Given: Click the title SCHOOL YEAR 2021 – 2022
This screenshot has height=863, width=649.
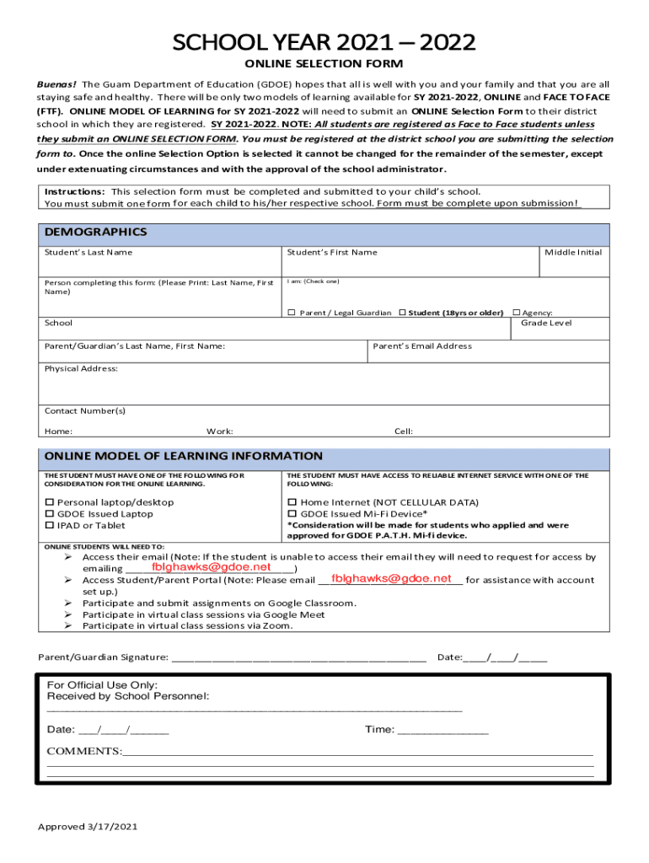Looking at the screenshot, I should pyautogui.click(x=324, y=42).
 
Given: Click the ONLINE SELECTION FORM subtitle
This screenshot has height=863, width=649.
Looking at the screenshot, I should pyautogui.click(x=324, y=64).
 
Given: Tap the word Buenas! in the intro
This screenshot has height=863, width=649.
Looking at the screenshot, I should pyautogui.click(x=56, y=85).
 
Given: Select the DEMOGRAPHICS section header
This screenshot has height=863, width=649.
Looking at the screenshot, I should pyautogui.click(x=95, y=232).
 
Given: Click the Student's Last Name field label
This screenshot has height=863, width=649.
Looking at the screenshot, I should pyautogui.click(x=88, y=253).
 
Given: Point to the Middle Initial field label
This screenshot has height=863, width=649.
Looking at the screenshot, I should pyautogui.click(x=573, y=253).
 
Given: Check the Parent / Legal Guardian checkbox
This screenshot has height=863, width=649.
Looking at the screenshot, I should pyautogui.click(x=292, y=313).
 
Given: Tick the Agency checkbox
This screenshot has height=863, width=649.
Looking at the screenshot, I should pyautogui.click(x=516, y=313).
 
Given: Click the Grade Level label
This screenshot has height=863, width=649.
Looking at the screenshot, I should pyautogui.click(x=546, y=323).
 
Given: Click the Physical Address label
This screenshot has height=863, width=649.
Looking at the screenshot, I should pyautogui.click(x=81, y=368).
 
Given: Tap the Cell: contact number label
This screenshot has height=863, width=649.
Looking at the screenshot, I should pyautogui.click(x=404, y=431).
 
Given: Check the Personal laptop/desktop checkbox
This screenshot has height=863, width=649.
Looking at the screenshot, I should pyautogui.click(x=48, y=502).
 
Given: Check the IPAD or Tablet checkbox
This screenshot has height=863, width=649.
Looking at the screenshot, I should pyautogui.click(x=48, y=526).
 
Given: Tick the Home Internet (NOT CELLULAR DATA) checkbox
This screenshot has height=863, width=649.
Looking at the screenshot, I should pyautogui.click(x=292, y=502).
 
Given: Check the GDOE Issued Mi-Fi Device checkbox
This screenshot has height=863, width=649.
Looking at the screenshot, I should pyautogui.click(x=292, y=514).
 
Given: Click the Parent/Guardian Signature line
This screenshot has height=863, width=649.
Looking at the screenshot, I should pyautogui.click(x=298, y=657).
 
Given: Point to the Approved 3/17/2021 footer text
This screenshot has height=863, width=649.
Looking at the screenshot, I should pyautogui.click(x=88, y=826).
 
